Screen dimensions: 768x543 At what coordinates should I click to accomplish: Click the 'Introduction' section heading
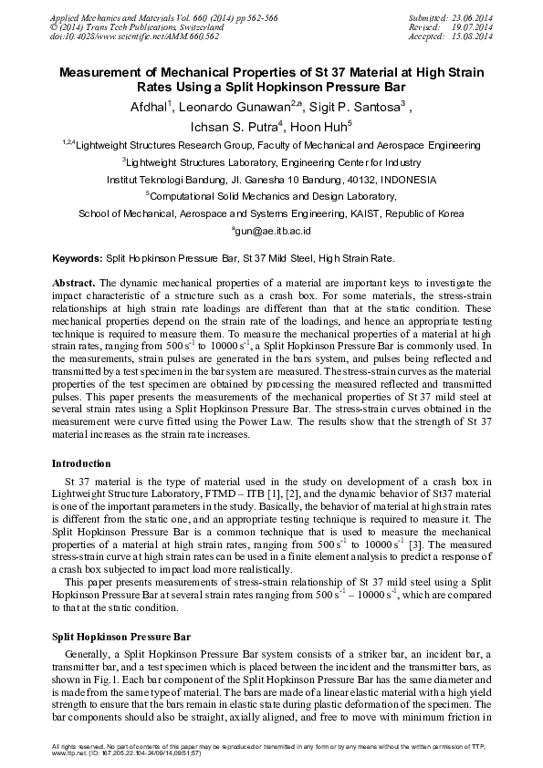coord(81,463)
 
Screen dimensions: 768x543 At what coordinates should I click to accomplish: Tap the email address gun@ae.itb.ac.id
coord(271,233)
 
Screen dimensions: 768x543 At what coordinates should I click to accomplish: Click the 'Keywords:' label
coord(78,259)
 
